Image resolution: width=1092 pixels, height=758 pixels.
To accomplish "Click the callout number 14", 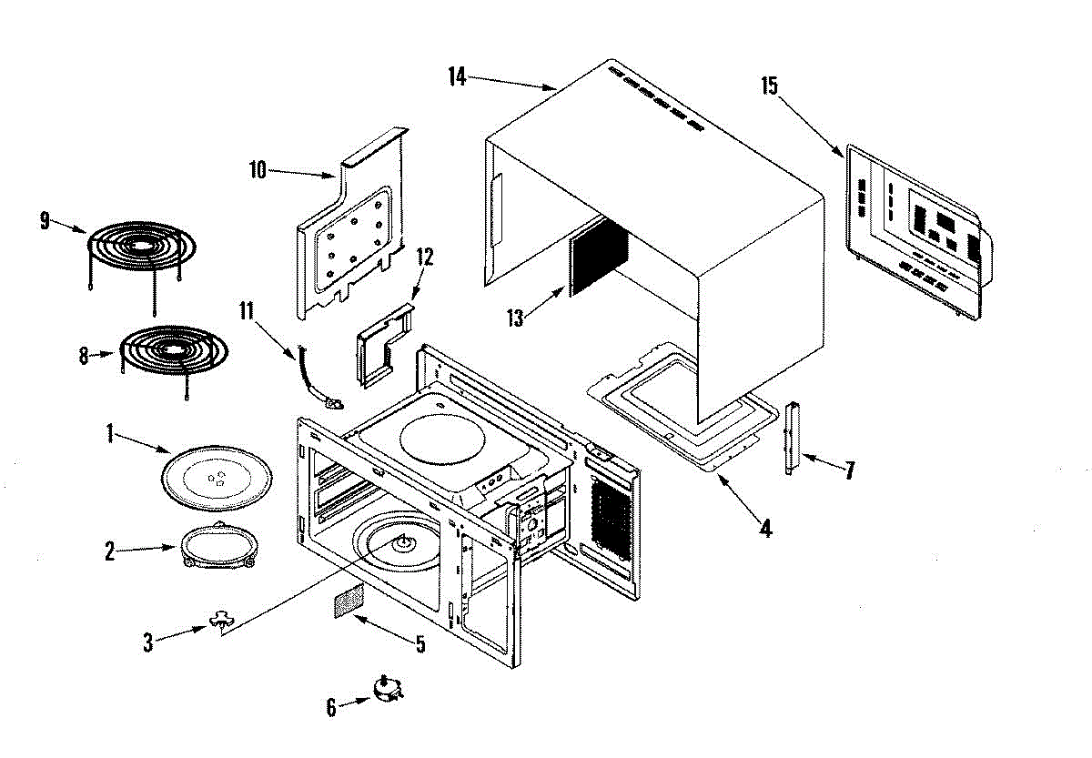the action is (457, 77).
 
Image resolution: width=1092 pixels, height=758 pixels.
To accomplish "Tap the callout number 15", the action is (770, 86).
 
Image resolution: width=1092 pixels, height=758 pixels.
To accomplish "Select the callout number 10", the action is (258, 170).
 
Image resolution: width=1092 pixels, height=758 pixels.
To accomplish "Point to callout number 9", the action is (45, 221).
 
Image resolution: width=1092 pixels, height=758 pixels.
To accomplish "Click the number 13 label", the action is (515, 318).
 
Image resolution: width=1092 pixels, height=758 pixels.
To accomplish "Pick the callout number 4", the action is (766, 528).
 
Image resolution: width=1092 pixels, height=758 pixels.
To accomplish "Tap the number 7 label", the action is (850, 470).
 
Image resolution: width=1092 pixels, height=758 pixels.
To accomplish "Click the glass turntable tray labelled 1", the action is (217, 477).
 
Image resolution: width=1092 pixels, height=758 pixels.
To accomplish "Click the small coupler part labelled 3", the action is (222, 620).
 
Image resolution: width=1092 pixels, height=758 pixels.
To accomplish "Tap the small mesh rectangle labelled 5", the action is (349, 601).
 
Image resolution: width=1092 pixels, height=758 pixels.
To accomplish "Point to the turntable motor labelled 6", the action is (388, 689).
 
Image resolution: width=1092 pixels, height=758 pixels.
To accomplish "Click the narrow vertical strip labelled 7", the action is (792, 438).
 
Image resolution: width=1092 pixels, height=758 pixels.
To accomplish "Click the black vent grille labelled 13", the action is (598, 257).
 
